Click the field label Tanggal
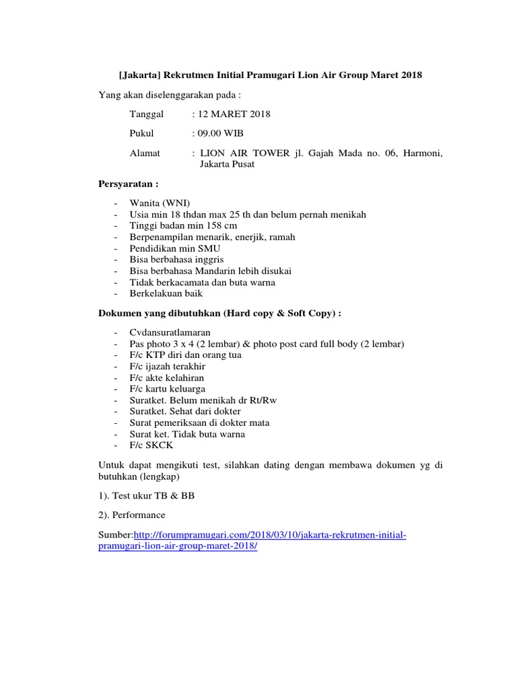(x=147, y=114)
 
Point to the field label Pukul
(x=141, y=134)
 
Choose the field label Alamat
(x=145, y=153)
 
